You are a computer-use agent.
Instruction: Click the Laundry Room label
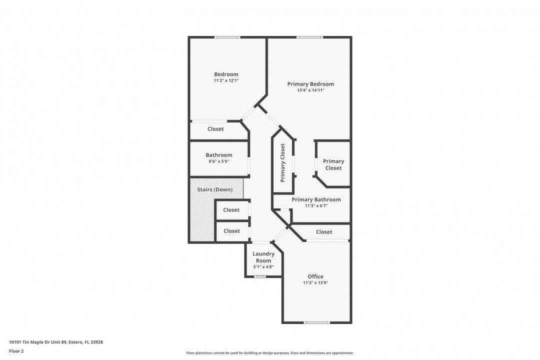click(x=263, y=257)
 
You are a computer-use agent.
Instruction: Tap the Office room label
click(x=315, y=276)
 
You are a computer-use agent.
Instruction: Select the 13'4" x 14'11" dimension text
click(x=310, y=90)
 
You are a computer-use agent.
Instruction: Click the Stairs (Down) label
click(x=215, y=189)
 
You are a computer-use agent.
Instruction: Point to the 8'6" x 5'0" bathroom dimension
click(x=218, y=161)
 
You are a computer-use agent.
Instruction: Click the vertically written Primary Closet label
click(x=282, y=162)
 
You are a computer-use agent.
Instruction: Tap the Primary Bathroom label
click(x=316, y=199)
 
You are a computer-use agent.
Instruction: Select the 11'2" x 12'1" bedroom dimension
click(x=226, y=80)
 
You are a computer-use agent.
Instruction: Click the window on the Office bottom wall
click(x=317, y=322)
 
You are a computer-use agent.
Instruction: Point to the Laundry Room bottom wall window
click(x=260, y=276)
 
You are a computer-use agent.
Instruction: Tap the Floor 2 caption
click(x=16, y=351)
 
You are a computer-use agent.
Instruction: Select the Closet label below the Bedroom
click(x=215, y=129)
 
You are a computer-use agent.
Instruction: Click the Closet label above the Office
click(x=324, y=232)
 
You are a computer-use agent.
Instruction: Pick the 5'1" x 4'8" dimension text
click(x=263, y=266)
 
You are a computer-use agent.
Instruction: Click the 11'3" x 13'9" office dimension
click(x=315, y=283)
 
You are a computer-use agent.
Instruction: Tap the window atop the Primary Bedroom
click(x=309, y=37)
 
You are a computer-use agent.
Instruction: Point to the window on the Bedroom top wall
click(x=227, y=37)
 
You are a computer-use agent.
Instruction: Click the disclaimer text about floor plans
click(x=270, y=353)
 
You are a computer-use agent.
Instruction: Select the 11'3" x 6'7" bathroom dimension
click(x=316, y=206)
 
